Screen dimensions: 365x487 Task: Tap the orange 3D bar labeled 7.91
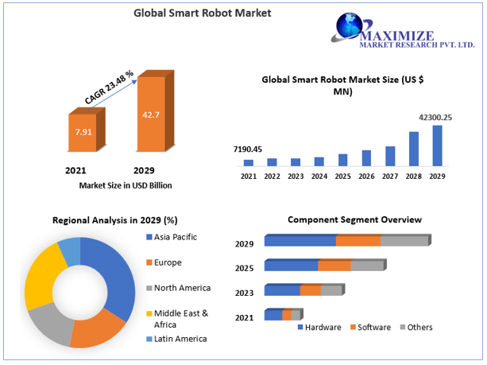(x=83, y=132)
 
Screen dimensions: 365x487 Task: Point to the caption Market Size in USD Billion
(x=126, y=185)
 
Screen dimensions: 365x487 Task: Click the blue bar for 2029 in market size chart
(x=437, y=146)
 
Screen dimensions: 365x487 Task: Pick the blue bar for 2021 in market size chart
(x=249, y=162)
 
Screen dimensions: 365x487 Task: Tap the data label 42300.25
(x=435, y=117)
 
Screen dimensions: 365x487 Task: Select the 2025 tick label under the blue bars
(x=343, y=176)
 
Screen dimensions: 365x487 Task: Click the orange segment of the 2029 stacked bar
(x=358, y=241)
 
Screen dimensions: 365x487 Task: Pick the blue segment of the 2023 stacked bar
(x=282, y=290)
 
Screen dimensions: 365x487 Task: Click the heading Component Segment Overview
(x=354, y=219)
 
